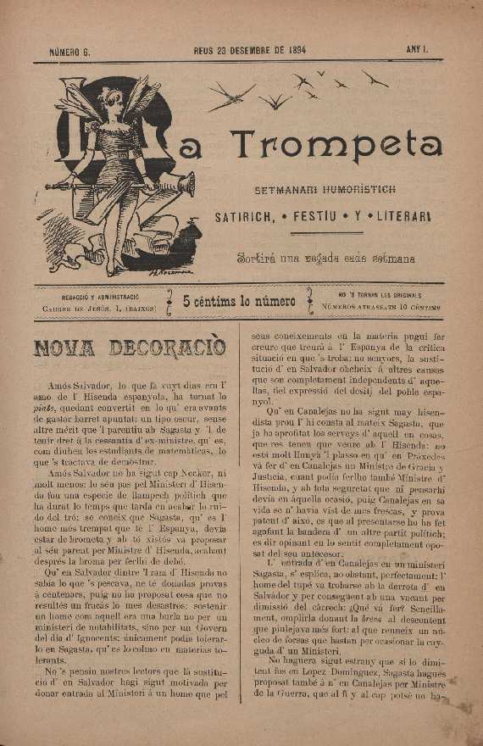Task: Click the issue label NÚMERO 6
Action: [69, 52]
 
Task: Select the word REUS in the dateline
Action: [204, 52]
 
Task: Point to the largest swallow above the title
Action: [230, 96]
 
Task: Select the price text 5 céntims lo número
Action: [240, 302]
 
